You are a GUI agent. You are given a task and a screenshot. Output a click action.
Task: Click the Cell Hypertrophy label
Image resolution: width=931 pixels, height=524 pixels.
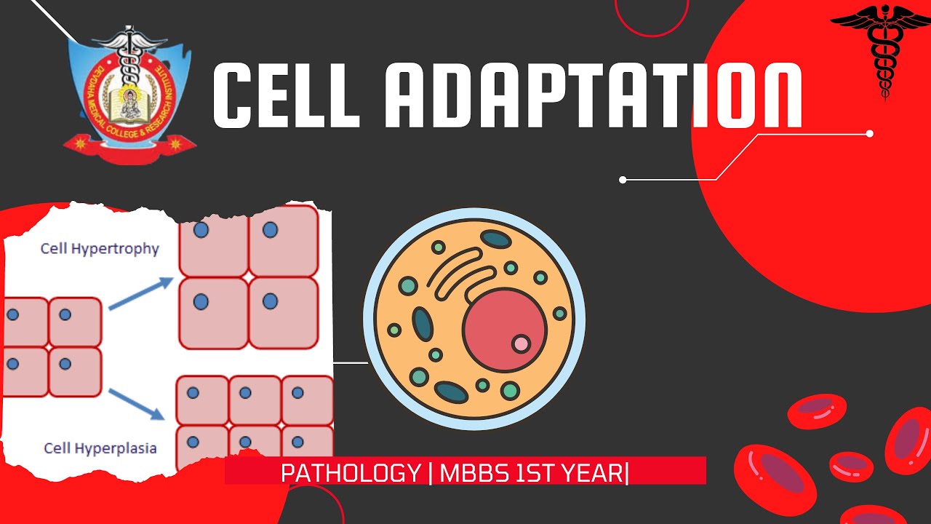click(x=100, y=249)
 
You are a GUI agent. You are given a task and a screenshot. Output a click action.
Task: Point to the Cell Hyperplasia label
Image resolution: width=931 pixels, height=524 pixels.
click(x=100, y=448)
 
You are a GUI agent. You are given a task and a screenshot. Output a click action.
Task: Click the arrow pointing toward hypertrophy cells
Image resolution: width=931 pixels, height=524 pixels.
click(x=140, y=296)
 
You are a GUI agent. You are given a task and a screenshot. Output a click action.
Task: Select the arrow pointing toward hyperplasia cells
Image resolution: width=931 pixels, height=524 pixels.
click(x=137, y=404)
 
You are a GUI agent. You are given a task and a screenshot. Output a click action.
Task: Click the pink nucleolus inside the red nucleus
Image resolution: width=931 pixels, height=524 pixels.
click(x=521, y=343)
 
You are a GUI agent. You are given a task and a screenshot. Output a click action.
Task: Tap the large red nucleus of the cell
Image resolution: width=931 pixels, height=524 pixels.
click(x=503, y=327)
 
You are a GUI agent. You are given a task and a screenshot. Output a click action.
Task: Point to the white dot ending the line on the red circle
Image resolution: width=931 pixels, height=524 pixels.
click(x=869, y=134)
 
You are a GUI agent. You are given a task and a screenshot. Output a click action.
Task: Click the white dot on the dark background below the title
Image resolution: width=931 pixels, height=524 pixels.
click(x=623, y=180)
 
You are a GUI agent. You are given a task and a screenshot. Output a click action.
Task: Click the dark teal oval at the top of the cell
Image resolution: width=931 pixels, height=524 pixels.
click(x=496, y=239)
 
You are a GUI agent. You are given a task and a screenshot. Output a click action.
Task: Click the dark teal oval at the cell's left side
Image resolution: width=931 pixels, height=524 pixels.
click(x=423, y=323)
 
